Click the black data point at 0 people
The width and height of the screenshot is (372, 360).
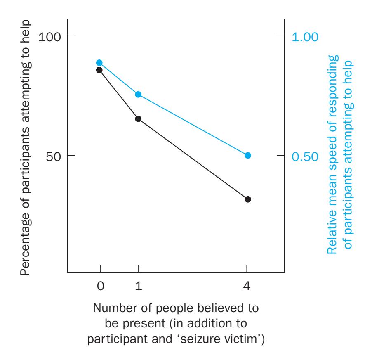tap(99, 70)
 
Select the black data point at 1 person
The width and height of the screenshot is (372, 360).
tap(138, 119)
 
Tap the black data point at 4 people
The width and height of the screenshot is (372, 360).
tap(248, 199)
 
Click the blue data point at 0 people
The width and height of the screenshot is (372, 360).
tap(99, 63)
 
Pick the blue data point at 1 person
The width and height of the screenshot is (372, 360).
tap(138, 95)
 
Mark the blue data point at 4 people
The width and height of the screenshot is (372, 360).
tap(248, 155)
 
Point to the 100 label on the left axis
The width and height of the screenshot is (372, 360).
tap(50, 37)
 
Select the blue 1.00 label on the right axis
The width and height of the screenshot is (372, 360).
tap(306, 37)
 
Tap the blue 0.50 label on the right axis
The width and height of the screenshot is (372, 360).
tap(306, 156)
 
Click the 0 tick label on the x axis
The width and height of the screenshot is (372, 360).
tap(100, 286)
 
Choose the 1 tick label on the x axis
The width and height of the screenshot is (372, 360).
tap(139, 286)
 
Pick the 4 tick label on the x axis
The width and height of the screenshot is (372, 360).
tap(247, 286)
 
